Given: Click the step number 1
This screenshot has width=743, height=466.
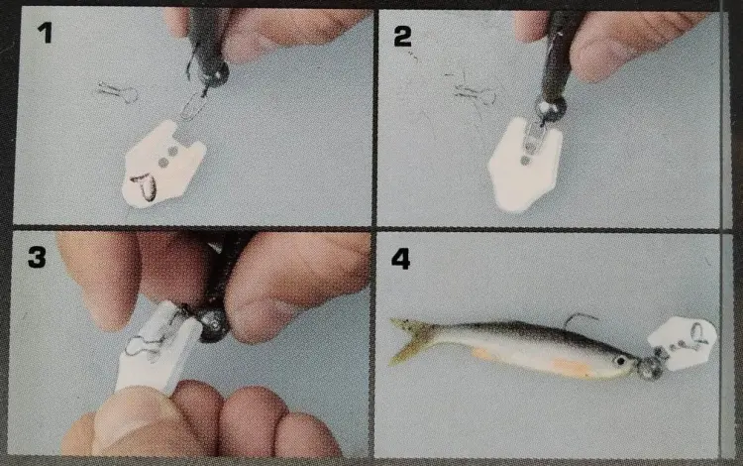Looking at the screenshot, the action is (x=45, y=33).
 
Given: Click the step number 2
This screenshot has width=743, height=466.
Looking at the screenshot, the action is (x=402, y=36).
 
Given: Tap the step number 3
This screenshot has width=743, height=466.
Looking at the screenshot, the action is (x=37, y=257).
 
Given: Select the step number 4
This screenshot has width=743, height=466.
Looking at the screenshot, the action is (x=400, y=259).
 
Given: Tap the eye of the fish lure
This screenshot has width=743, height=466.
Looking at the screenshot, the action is (x=620, y=361).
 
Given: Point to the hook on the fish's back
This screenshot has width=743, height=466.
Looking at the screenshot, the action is (x=580, y=318).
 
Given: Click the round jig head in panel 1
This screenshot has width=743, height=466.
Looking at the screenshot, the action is (x=216, y=74).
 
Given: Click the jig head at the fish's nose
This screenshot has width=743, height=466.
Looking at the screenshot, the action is (x=652, y=366).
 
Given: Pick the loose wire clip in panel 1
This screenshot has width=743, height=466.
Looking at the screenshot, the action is (x=118, y=91).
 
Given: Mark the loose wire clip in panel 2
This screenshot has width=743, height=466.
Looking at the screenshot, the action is (x=474, y=92).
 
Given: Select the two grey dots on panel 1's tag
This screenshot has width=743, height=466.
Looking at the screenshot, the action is (x=168, y=157).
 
